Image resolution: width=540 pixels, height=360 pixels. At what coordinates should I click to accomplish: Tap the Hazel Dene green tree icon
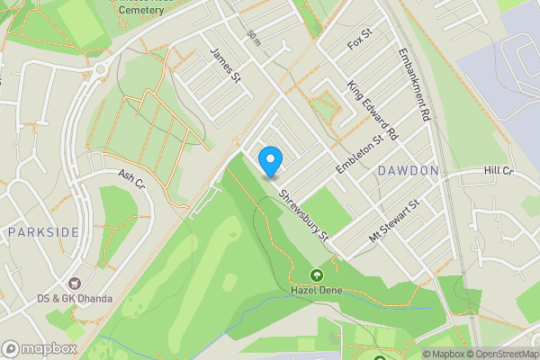pyautogui.click(x=316, y=276)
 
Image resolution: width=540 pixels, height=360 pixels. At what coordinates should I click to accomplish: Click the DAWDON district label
pyautogui.click(x=408, y=170)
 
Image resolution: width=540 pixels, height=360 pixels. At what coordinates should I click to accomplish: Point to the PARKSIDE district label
pyautogui.click(x=43, y=232)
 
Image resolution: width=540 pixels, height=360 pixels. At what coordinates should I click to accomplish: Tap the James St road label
pyautogui.click(x=226, y=67)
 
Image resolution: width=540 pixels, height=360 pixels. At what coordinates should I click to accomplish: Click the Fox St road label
pyautogui.click(x=359, y=40)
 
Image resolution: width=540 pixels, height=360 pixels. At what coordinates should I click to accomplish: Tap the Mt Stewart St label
pyautogui.click(x=395, y=220)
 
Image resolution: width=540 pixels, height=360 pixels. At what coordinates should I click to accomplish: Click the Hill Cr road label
pyautogui.click(x=497, y=170)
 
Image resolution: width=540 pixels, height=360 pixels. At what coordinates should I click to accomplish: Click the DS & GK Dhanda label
pyautogui.click(x=75, y=299)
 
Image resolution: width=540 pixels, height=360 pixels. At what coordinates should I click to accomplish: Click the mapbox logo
pyautogui.click(x=40, y=348)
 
